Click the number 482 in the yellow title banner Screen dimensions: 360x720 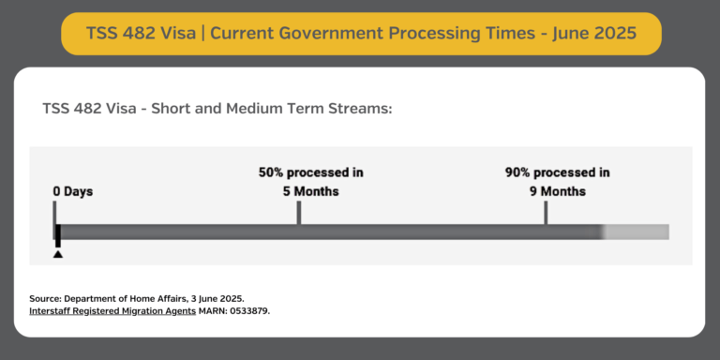pos(147,34)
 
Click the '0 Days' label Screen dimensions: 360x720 pos(72,191)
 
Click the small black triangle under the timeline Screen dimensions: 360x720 pos(58,253)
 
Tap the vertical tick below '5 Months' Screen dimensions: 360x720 pos(299,213)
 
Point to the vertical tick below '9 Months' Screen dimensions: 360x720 pos(546,213)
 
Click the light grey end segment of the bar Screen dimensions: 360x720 pos(637,232)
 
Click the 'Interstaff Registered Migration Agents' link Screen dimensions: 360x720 pos(112,310)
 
